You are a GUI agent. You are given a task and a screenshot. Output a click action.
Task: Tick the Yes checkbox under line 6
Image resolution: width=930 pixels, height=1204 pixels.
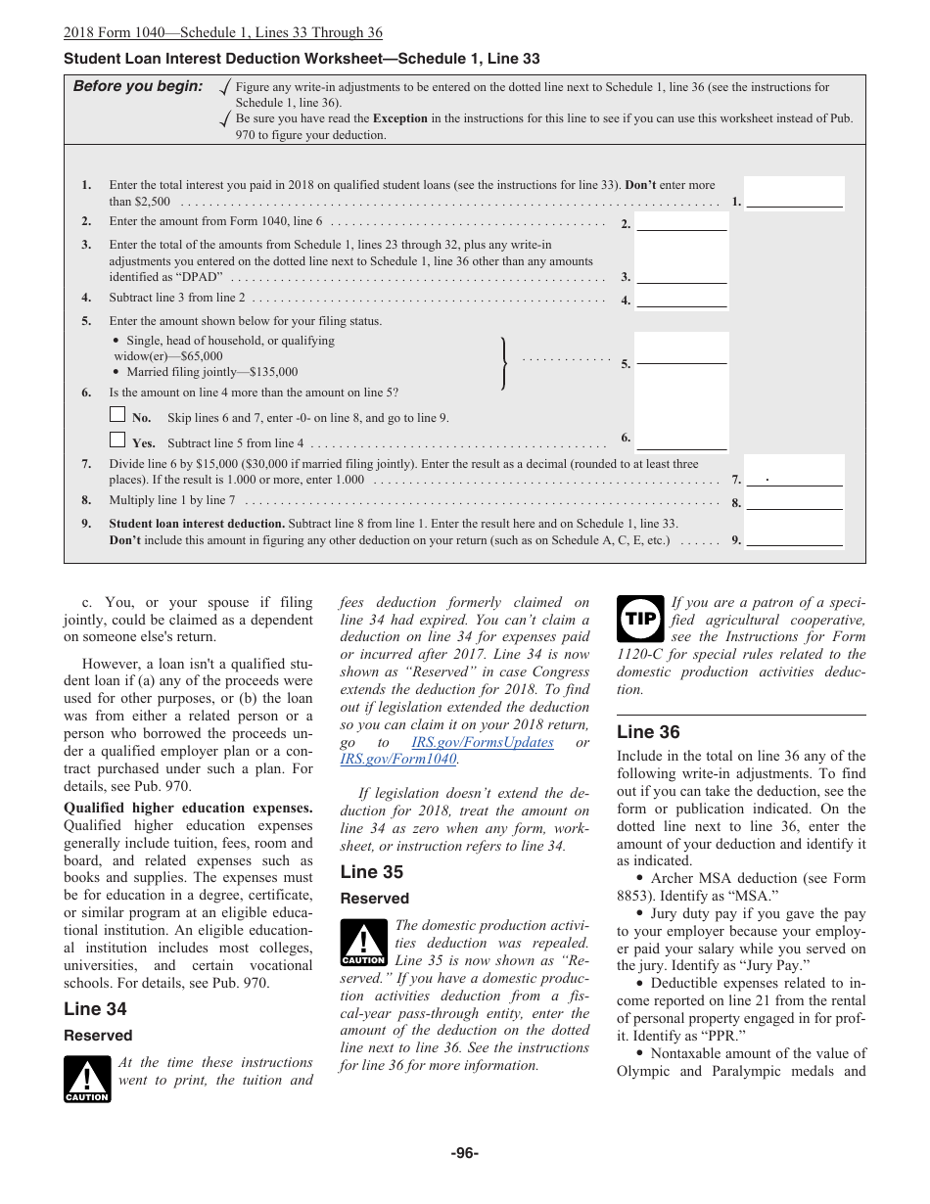tap(117, 440)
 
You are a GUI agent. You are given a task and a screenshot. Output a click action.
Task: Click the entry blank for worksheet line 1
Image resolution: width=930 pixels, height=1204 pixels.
tap(794, 199)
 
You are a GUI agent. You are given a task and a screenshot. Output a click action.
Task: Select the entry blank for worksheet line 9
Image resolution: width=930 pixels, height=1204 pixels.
tap(794, 537)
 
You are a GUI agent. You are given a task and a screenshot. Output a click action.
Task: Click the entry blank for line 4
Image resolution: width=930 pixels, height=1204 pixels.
tap(681, 300)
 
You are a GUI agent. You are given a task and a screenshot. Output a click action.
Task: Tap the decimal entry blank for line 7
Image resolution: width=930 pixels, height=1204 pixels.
tap(794, 479)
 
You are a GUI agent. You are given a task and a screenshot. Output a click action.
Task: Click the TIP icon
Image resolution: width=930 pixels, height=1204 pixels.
tap(640, 619)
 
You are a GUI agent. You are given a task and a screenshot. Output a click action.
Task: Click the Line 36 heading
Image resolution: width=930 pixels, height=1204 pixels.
tap(648, 732)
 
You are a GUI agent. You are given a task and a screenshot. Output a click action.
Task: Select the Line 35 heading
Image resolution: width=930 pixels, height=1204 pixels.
tap(371, 872)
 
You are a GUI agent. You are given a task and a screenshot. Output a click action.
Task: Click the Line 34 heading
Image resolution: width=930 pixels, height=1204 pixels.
tap(95, 1009)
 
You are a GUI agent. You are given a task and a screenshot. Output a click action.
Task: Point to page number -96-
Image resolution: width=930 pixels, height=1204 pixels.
tap(464, 1153)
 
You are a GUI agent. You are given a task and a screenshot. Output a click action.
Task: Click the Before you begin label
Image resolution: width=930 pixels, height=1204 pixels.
tap(138, 86)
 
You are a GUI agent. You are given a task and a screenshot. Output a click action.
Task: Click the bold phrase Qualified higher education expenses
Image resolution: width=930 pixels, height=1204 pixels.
tap(188, 808)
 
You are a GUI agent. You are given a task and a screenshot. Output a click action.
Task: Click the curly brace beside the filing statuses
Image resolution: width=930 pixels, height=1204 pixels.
tap(504, 363)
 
